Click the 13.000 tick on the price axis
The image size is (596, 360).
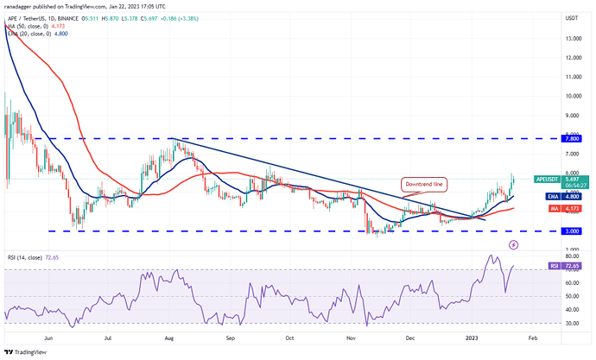pos(571,38)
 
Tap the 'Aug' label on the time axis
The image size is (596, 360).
pos(169,339)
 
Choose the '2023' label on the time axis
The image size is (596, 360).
pos(472,339)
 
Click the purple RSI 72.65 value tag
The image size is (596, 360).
pos(571,268)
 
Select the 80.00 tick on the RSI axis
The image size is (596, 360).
pos(571,256)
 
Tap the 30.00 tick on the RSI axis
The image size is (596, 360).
pos(571,323)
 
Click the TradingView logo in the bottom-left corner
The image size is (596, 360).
pos(26,351)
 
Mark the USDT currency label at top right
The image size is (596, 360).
pos(571,17)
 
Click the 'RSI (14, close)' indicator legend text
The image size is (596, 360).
pos(26,258)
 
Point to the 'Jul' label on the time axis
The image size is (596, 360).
pos(109,339)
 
